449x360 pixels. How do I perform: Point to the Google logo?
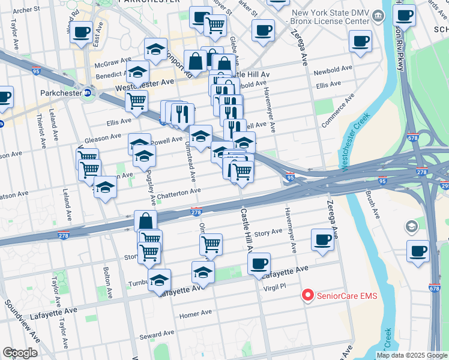pos(20,352)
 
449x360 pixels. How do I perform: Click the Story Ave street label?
pos(268,232)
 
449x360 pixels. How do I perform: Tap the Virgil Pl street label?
pos(277,287)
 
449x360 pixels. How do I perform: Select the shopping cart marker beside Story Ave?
pos(211,244)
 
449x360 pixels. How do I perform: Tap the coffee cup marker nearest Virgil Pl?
pos(259,263)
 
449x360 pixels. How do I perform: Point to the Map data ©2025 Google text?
pos(411,355)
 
